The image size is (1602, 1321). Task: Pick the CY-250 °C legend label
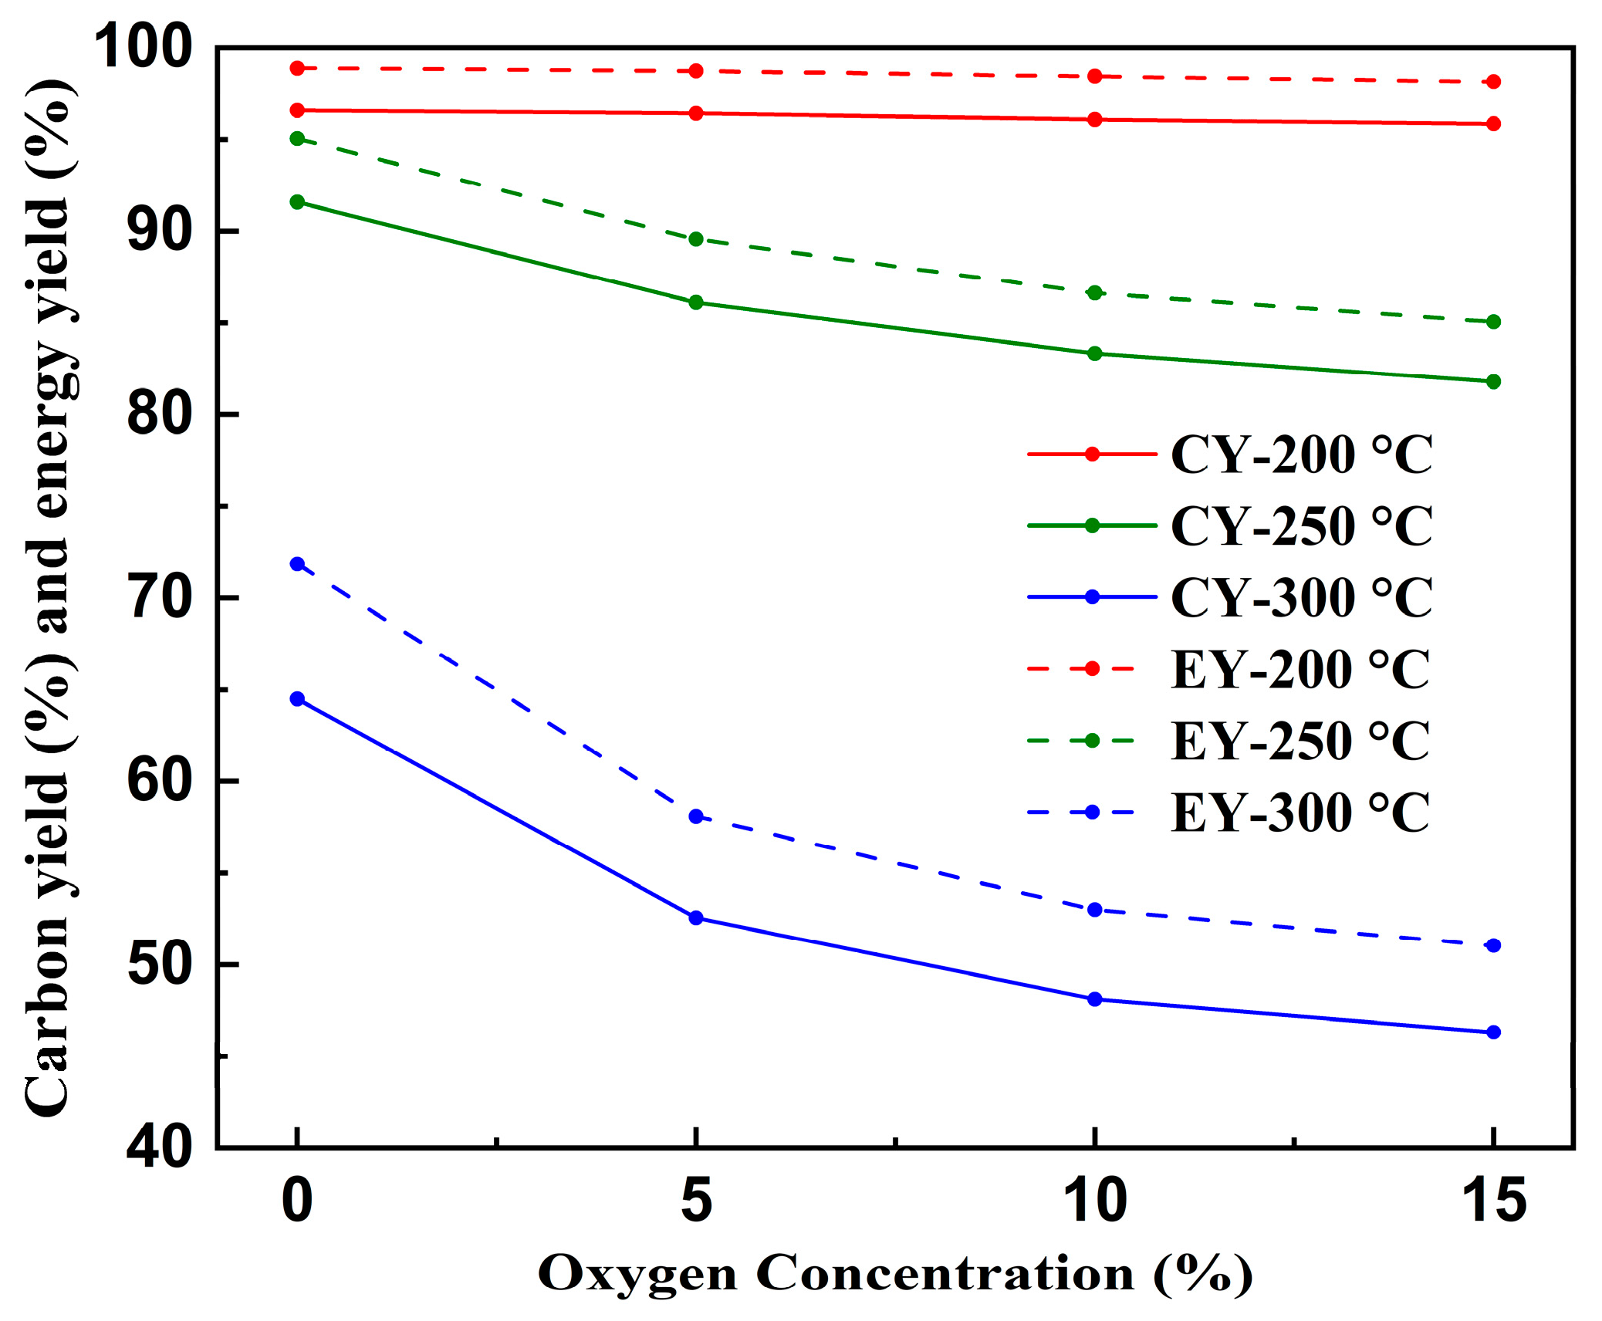point(1300,525)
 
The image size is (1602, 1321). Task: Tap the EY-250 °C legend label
point(1300,741)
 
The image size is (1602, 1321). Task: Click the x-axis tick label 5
point(696,1201)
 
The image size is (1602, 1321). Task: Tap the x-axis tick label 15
point(1494,1201)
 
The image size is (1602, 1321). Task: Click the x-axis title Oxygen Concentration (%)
point(895,1273)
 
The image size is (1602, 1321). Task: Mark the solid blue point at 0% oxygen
point(297,699)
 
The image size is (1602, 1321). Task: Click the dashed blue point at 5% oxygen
point(696,816)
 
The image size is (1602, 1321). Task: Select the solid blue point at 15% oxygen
point(1493,1032)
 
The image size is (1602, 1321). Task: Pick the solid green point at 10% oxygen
point(1094,353)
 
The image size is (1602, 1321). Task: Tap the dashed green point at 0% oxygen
point(297,139)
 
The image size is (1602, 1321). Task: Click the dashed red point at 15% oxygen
point(1493,82)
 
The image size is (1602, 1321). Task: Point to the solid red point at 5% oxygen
point(696,113)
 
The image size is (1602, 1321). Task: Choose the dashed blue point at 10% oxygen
point(1094,910)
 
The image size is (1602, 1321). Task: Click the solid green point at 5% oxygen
point(696,302)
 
